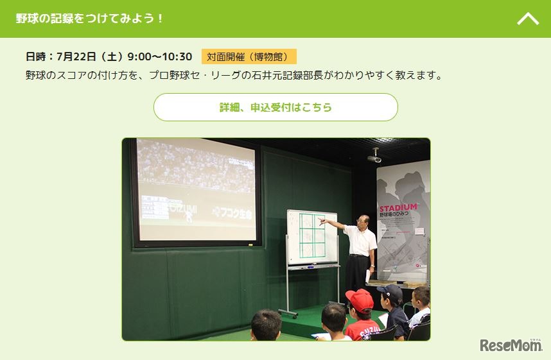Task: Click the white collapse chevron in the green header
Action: (x=528, y=19)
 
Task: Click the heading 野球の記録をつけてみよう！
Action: (x=90, y=18)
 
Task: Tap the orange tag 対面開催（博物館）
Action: (x=249, y=56)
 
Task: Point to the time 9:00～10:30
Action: (x=160, y=56)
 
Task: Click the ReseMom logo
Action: (x=511, y=346)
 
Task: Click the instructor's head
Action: (x=363, y=220)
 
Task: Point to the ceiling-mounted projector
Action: (x=374, y=156)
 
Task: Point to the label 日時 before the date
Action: (x=36, y=56)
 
